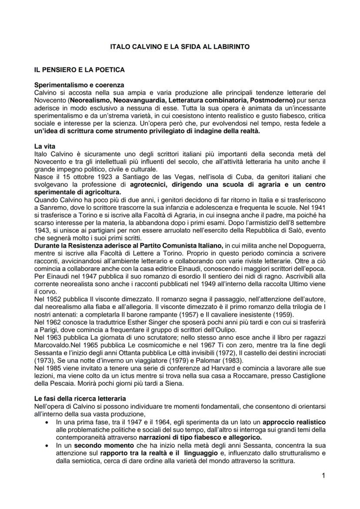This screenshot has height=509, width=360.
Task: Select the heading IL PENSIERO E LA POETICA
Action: tap(80, 70)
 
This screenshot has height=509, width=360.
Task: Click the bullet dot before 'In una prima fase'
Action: tap(47, 422)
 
